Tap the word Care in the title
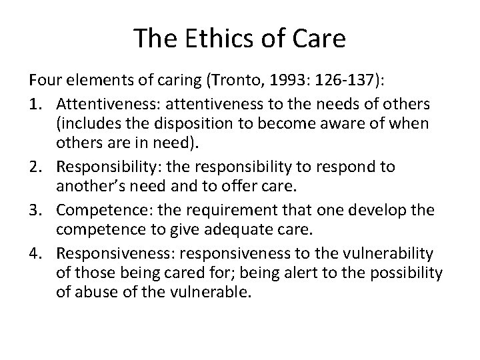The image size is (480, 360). coord(317,39)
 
